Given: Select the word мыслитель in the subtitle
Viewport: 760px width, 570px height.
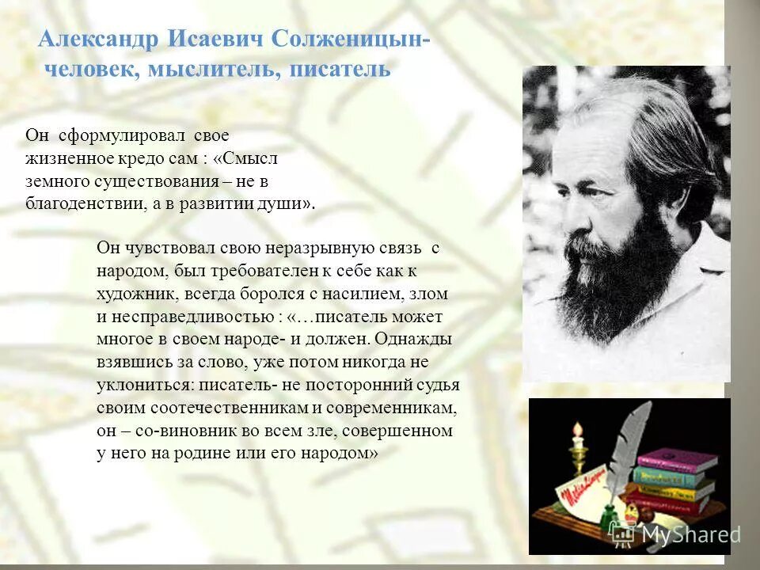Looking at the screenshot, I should [212, 70].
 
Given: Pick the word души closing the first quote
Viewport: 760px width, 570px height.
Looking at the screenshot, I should [289, 203].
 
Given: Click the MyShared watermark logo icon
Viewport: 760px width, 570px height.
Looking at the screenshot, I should [622, 534].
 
